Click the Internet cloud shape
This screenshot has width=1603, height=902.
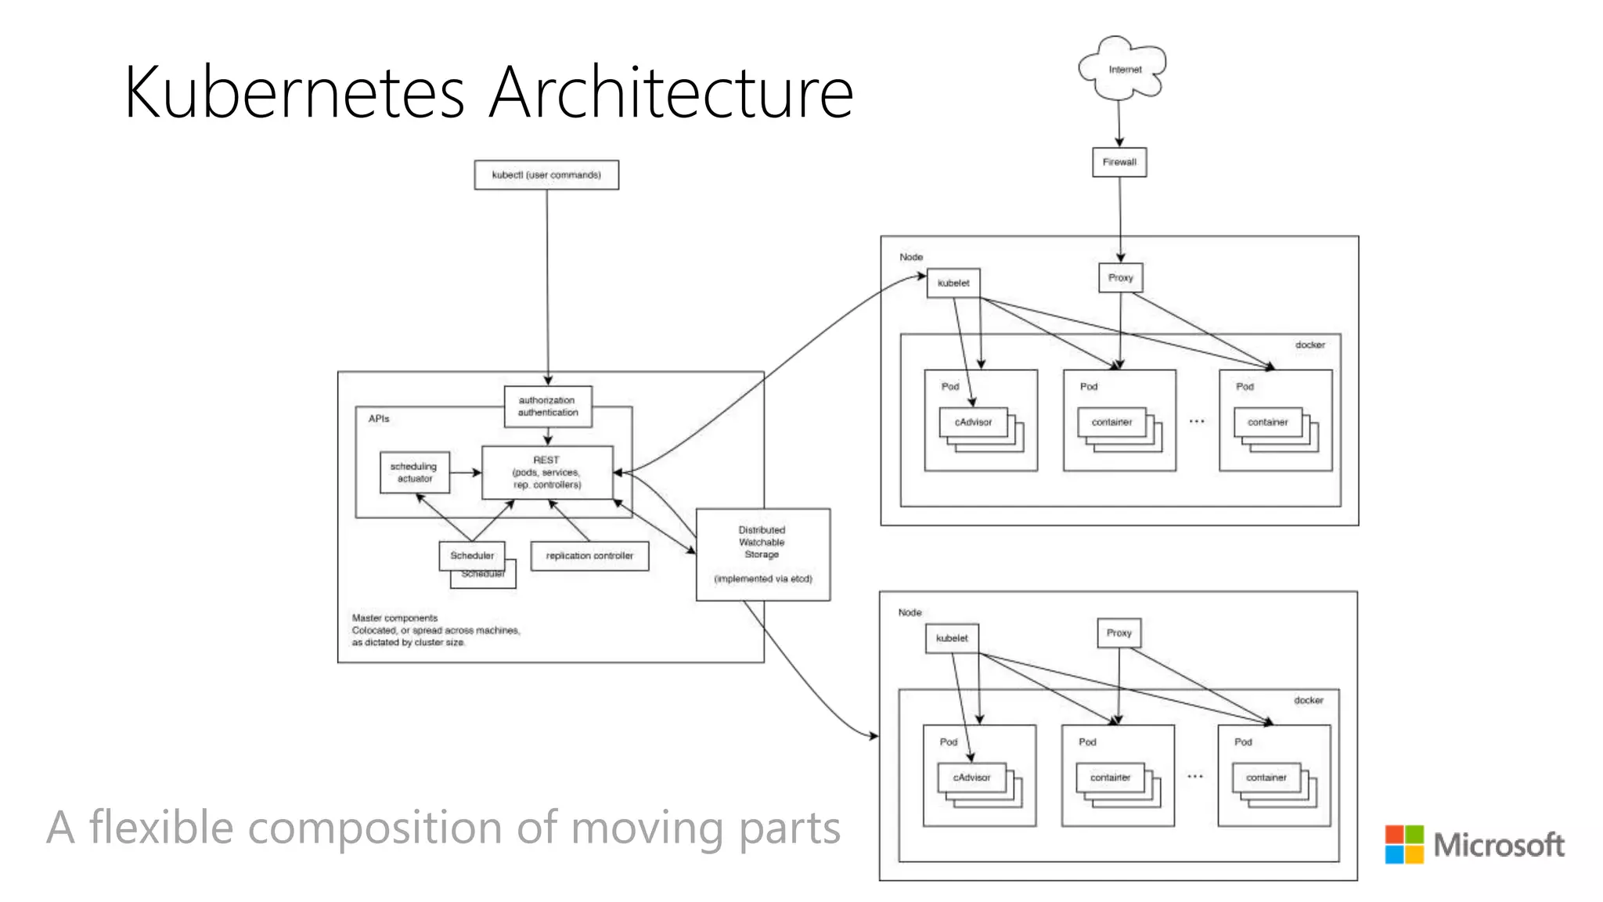(x=1123, y=69)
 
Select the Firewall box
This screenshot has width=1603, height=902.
(x=1119, y=162)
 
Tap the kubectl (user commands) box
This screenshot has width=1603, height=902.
(x=546, y=175)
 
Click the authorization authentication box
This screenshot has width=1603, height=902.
(x=548, y=406)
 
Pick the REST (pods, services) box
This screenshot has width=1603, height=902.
(x=547, y=472)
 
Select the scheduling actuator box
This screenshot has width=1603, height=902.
(x=415, y=472)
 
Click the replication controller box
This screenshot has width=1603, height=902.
(x=589, y=556)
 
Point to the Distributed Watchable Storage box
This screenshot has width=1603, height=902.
(x=762, y=554)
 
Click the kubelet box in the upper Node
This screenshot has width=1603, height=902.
(x=953, y=283)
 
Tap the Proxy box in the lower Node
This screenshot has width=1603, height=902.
(x=1118, y=633)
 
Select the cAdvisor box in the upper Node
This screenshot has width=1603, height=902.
(x=973, y=422)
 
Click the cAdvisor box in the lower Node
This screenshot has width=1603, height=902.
(x=971, y=778)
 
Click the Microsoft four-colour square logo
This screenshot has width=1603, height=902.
(x=1404, y=844)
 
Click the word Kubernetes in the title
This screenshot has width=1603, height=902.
(x=295, y=92)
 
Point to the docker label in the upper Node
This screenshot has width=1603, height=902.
(x=1309, y=345)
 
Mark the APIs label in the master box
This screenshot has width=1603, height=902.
(x=379, y=419)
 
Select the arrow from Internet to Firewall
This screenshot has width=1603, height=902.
(x=1119, y=123)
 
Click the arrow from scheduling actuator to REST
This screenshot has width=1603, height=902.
(x=466, y=472)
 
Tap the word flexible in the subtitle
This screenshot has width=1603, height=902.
(x=161, y=828)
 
